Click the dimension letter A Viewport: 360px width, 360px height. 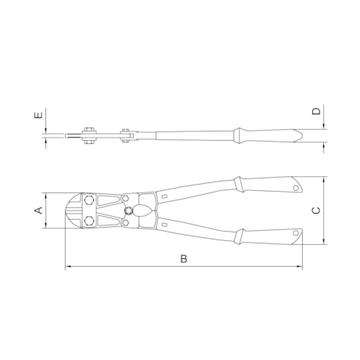[38, 211]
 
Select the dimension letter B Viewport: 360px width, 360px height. [184, 259]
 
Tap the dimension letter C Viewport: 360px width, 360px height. [316, 211]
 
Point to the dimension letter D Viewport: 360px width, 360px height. [316, 111]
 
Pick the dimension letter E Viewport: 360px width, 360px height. [38, 115]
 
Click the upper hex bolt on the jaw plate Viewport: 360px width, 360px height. [89, 200]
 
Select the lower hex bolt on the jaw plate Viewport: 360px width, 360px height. [89, 221]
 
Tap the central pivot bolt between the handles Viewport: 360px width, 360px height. [129, 211]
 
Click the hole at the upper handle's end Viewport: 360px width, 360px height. [296, 188]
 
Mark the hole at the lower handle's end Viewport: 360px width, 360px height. [296, 232]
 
